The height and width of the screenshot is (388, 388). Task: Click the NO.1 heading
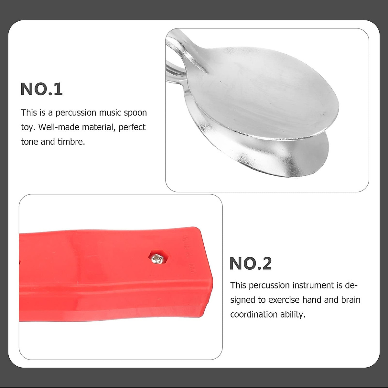41,89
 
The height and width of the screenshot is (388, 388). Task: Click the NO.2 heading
251,264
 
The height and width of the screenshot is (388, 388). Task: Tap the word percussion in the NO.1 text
76,113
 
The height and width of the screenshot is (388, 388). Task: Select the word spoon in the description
135,113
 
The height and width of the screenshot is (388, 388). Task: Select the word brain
350,300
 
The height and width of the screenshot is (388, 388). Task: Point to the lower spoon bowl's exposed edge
291,158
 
